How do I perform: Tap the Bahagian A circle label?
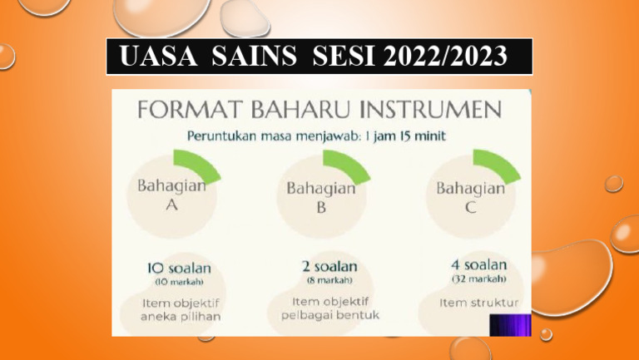pyautogui.click(x=171, y=196)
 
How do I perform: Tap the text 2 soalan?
pyautogui.click(x=329, y=266)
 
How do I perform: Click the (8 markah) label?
pyautogui.click(x=329, y=280)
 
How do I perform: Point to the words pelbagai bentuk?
pyautogui.click(x=329, y=315)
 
